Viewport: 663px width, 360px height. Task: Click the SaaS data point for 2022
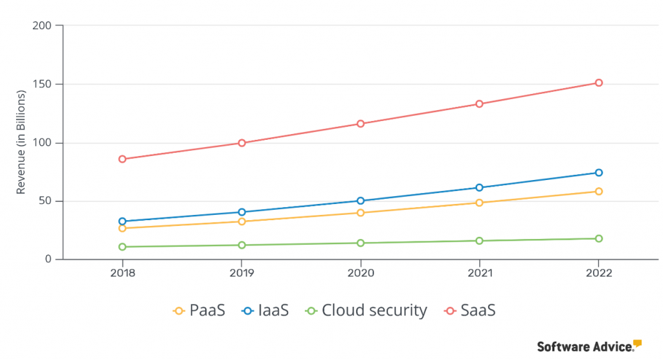coord(599,83)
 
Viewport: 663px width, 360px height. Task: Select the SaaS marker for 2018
coord(122,159)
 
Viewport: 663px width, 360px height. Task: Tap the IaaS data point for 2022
coord(599,173)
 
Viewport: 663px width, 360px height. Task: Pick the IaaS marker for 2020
coord(361,201)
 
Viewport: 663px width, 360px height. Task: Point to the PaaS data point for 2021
coord(480,203)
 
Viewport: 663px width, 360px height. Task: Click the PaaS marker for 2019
coord(242,221)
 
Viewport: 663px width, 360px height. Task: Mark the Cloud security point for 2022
coord(599,239)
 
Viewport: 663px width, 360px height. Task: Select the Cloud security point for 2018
coord(122,247)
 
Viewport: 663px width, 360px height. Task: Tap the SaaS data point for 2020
coord(361,124)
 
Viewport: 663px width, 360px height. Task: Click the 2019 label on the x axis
coord(242,273)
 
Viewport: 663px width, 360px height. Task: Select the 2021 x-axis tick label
coord(480,273)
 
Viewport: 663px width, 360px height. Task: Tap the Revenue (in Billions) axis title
coord(21,142)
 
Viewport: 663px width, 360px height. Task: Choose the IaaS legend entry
coord(265,311)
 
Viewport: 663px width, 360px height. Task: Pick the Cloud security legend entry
coord(366,311)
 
